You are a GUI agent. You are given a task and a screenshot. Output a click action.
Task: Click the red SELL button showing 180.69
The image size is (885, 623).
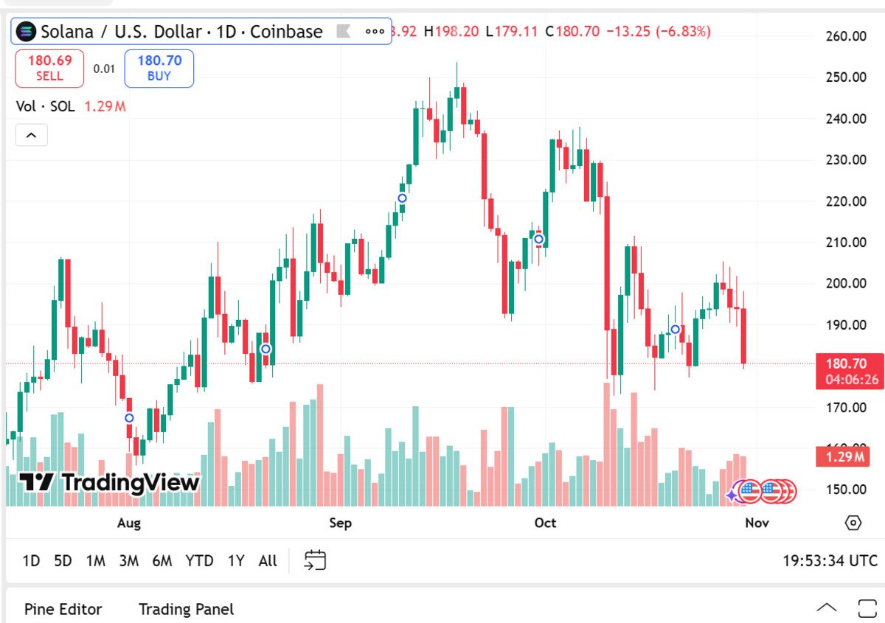click(x=49, y=68)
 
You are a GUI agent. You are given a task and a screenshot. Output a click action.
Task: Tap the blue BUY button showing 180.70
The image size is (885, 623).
click(x=159, y=68)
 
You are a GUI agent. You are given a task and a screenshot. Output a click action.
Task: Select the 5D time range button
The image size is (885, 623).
click(x=63, y=561)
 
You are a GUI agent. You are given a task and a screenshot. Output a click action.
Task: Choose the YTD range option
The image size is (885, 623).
click(x=199, y=561)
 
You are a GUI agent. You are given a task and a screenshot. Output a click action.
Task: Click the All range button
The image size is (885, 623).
click(x=268, y=561)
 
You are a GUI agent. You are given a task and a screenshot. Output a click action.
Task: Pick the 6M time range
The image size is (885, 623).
click(x=162, y=561)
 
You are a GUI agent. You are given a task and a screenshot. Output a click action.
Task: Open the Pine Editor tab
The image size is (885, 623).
click(x=63, y=609)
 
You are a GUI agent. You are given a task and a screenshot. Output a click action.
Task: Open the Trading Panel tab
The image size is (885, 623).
click(x=186, y=609)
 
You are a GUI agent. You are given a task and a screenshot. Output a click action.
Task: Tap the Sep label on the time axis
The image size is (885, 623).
click(x=340, y=523)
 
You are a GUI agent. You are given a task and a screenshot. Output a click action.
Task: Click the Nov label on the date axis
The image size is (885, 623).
click(x=757, y=523)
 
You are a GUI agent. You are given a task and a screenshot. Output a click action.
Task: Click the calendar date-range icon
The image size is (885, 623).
click(x=315, y=560)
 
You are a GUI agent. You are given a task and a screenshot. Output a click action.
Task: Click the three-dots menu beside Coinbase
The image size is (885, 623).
click(x=375, y=32)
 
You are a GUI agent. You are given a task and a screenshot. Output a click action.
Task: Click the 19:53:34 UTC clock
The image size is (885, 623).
click(x=830, y=561)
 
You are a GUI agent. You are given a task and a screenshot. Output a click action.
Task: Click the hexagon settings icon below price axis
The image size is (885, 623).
click(x=853, y=523)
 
